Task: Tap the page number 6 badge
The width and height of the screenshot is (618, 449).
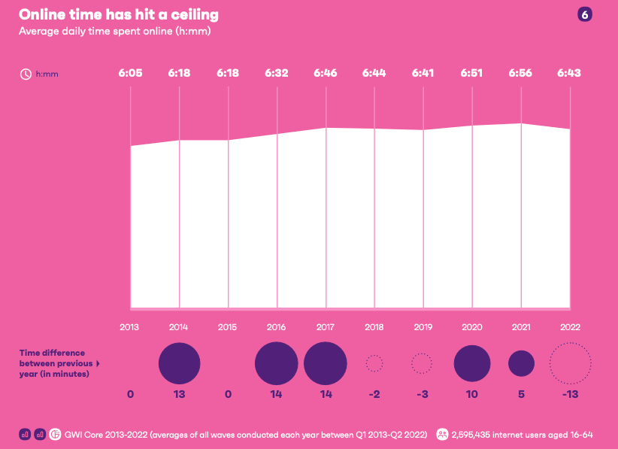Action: [584, 15]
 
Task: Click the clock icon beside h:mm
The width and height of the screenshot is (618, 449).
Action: [25, 74]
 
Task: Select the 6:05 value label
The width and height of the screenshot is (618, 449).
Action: [130, 74]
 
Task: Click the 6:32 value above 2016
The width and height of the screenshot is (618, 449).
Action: [277, 74]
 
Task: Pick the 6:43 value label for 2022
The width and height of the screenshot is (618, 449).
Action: [569, 74]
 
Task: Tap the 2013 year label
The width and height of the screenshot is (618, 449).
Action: [130, 327]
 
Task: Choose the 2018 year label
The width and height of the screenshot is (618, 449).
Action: [374, 327]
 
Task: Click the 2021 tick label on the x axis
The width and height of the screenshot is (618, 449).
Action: [520, 327]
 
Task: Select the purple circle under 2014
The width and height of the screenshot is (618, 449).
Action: [179, 363]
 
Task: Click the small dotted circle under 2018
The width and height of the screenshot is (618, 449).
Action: [374, 363]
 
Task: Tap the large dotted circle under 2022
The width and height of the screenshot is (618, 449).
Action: [570, 363]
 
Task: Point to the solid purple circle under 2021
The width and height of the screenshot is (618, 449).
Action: [521, 363]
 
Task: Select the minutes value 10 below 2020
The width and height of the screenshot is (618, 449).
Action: [472, 394]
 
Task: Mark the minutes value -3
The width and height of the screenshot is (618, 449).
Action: [423, 394]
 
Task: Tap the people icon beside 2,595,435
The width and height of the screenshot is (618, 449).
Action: [443, 434]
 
